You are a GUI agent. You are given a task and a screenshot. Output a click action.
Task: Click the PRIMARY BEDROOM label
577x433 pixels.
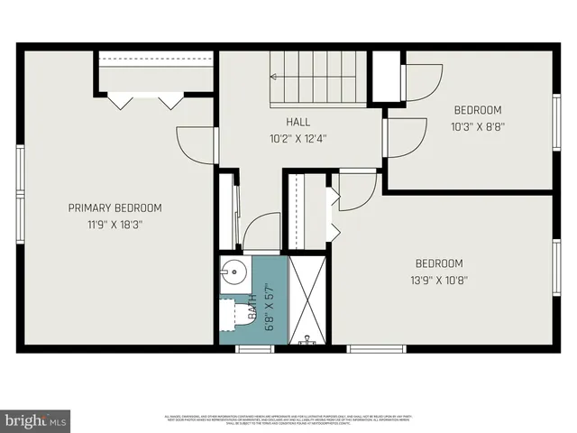coord(115,207)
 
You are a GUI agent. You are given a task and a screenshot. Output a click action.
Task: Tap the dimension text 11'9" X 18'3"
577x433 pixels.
coord(115,225)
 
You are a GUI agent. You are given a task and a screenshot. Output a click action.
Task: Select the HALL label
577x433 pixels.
coord(298,122)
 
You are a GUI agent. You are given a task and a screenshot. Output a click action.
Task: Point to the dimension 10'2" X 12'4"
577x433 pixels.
coord(298,139)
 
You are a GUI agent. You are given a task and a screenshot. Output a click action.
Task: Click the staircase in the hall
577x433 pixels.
coord(318,78)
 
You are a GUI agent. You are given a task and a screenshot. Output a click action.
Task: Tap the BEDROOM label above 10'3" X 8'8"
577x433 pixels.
coord(478,110)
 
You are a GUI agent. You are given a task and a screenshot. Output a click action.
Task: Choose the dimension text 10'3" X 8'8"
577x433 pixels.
coord(478,127)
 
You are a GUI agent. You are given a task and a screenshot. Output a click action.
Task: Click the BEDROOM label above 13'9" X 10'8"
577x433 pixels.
coord(439,263)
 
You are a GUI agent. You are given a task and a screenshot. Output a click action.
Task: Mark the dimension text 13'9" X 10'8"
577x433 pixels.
coord(439,280)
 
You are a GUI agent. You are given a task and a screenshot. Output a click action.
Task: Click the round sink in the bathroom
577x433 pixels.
coord(235,271)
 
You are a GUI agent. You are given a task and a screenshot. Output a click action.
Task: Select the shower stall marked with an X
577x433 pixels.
coord(308,301)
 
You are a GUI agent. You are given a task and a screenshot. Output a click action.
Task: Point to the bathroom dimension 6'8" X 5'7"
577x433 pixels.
coord(270,308)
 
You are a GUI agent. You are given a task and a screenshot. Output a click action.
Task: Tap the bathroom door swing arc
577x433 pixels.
coord(261,232)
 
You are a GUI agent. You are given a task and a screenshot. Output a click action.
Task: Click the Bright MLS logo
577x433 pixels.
coord(36,420)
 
